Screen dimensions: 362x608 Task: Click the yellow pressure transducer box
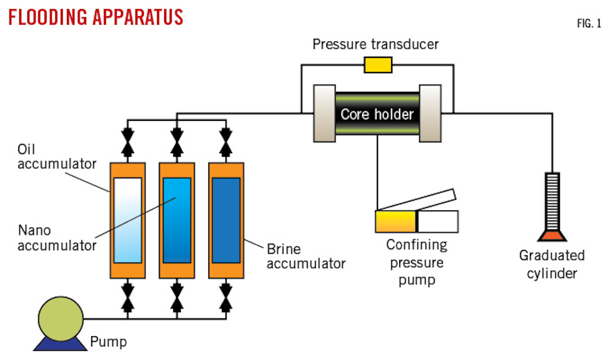378,65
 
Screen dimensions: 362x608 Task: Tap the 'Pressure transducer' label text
375,44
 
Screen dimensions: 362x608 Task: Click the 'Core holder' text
377,114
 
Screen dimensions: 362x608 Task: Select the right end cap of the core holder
431,113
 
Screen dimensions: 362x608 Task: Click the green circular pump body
61,319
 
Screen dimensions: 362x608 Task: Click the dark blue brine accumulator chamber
226,220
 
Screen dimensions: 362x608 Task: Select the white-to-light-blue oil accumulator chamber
128,220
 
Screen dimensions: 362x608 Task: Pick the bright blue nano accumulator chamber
177,220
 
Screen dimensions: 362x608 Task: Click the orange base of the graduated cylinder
552,236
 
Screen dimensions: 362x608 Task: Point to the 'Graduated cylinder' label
552,264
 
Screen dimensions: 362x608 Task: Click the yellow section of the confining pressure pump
395,221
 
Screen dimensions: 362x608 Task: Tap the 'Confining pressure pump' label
416,262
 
